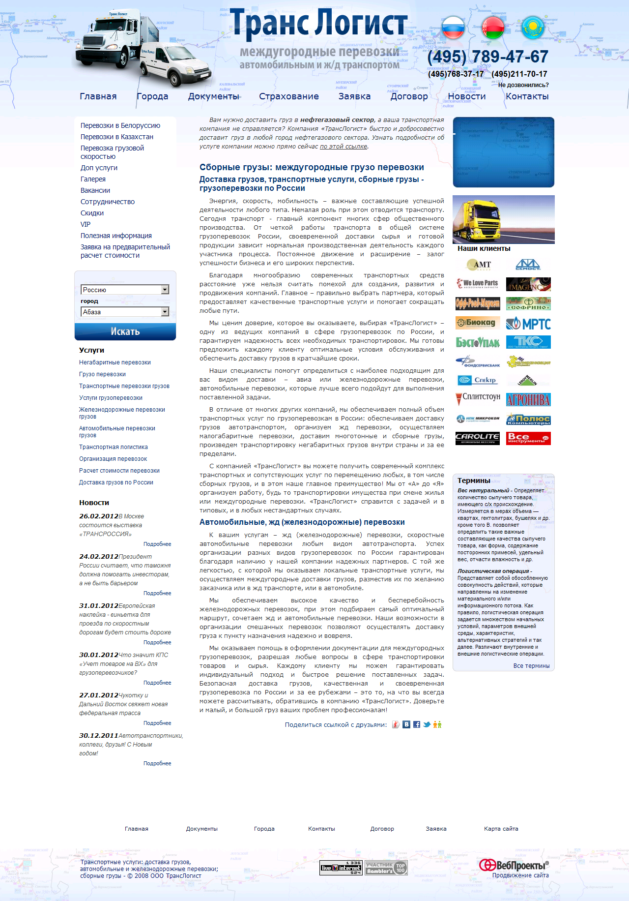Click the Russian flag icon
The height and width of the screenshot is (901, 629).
[453, 28]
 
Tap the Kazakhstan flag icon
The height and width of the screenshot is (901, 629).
[533, 28]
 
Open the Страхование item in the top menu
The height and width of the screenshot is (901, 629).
[289, 96]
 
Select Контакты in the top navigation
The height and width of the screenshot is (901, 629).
[527, 96]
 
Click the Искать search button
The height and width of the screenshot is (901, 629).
[125, 331]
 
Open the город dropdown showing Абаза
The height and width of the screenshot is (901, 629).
[125, 312]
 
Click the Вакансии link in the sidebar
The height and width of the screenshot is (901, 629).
[95, 190]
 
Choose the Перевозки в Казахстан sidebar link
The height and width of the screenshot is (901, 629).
[117, 137]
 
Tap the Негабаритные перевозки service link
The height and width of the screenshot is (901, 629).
[115, 362]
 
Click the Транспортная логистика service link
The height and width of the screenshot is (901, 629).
[114, 447]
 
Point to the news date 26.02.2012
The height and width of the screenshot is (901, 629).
[99, 516]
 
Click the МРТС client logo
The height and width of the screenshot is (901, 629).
[528, 324]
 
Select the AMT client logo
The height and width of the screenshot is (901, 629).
[478, 265]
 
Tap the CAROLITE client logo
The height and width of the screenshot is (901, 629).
[478, 438]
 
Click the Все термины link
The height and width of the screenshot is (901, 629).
[531, 666]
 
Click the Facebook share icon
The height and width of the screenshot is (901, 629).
[417, 724]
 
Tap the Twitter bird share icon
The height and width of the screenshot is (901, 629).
[427, 724]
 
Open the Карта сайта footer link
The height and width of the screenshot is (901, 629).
[501, 829]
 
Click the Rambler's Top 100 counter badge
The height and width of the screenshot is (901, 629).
[386, 868]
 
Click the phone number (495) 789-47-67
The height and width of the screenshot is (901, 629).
[487, 57]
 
